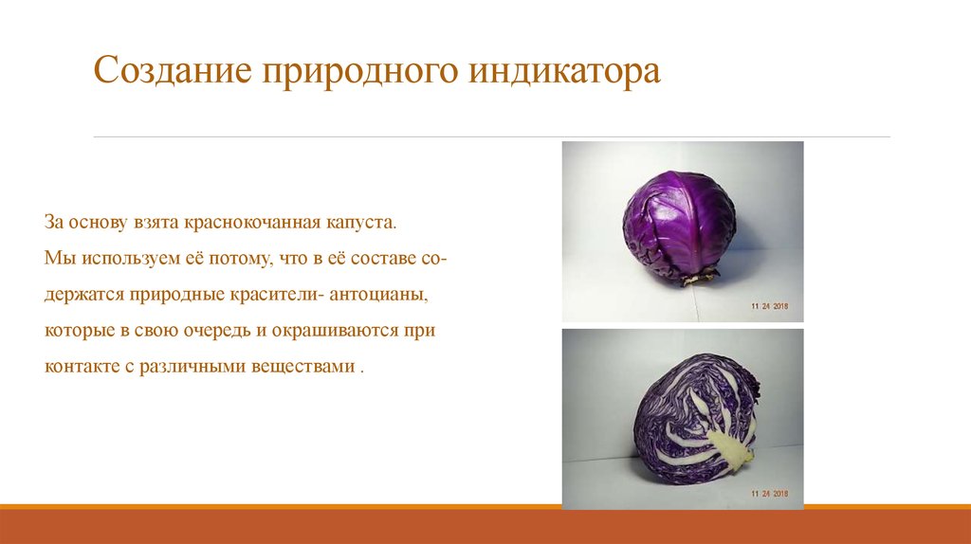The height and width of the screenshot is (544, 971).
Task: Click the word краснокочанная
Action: [251, 223]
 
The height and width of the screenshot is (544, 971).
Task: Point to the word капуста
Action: [357, 223]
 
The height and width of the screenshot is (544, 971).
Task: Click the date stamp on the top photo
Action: [770, 307]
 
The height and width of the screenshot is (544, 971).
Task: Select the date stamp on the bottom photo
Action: [770, 494]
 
